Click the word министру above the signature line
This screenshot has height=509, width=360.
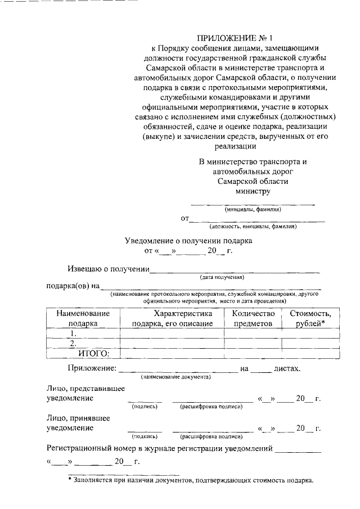253,191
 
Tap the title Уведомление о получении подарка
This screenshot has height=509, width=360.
188,241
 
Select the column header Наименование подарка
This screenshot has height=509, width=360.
83,318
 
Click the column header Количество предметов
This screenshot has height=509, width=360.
253,318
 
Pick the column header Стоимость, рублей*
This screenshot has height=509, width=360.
310,318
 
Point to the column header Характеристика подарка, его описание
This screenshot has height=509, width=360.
172,318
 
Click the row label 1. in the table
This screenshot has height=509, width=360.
73,333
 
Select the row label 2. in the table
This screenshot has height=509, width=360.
73,343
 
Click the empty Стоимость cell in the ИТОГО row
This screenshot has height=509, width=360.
310,353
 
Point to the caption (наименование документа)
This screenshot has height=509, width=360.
176,376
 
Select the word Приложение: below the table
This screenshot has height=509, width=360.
92,368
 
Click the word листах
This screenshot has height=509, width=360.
287,368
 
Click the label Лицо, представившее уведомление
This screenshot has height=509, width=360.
85,393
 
